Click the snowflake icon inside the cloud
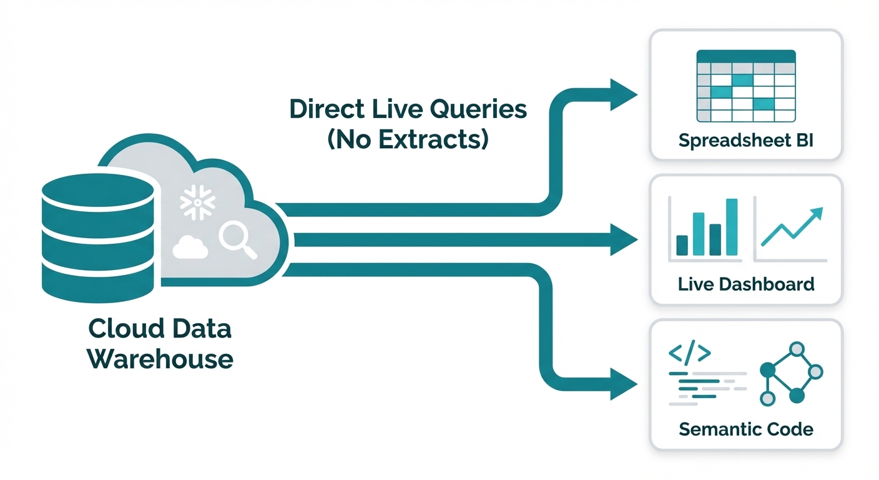197,201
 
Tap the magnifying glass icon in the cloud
238,241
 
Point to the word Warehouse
160,358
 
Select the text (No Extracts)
408,139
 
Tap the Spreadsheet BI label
746,139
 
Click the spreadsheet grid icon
746,86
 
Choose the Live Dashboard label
746,284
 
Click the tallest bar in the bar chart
732,227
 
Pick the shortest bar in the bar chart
682,245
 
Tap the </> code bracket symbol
689,353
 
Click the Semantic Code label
746,429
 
